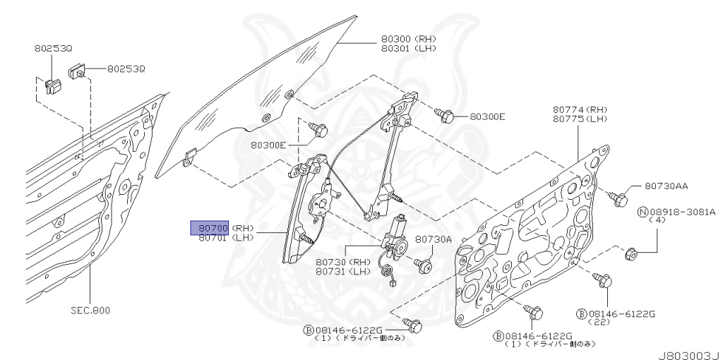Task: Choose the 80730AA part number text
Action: click(x=666, y=186)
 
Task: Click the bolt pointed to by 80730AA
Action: click(x=618, y=198)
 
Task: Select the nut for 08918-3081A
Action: click(x=632, y=253)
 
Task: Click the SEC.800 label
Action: click(x=91, y=309)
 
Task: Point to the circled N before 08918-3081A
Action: click(x=643, y=211)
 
